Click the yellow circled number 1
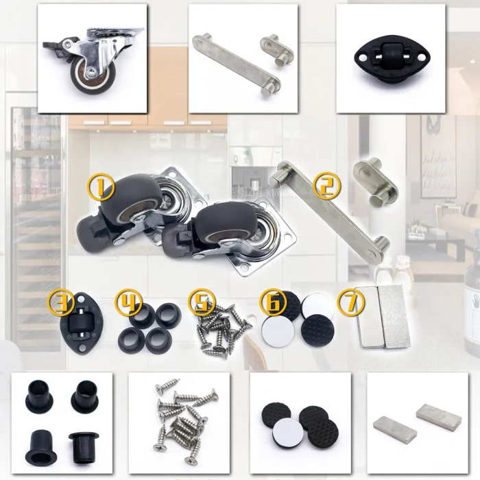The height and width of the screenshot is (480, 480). tap(101, 187)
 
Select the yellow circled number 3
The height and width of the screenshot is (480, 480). tap(61, 303)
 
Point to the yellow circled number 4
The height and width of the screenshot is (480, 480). tap(129, 304)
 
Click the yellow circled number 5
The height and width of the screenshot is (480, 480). tap(202, 304)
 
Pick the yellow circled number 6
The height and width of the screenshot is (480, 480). tap(274, 303)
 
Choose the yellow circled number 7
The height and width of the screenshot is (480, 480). tap(351, 304)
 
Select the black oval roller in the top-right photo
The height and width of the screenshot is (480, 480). tap(389, 59)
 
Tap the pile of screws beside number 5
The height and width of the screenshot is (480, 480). tap(224, 331)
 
